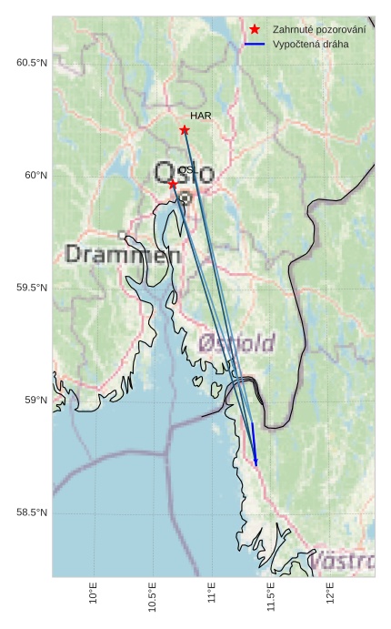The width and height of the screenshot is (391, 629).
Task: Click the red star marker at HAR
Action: click(185, 130)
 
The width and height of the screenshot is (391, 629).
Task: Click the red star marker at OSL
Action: click(173, 184)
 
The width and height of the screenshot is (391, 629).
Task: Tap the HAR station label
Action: click(200, 117)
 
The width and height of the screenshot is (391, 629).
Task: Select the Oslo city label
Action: click(184, 173)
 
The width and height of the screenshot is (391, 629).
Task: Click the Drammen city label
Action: click(123, 255)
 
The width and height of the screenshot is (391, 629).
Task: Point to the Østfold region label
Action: click(236, 343)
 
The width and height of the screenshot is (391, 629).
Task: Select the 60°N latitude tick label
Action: click(35, 176)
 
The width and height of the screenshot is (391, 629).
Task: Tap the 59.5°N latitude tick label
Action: click(32, 288)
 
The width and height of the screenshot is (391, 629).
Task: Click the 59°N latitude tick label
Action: click(35, 401)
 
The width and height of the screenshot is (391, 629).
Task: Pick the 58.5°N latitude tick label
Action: click(32, 512)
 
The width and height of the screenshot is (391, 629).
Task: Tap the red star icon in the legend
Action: click(255, 30)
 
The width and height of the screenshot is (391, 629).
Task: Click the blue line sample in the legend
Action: click(255, 44)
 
